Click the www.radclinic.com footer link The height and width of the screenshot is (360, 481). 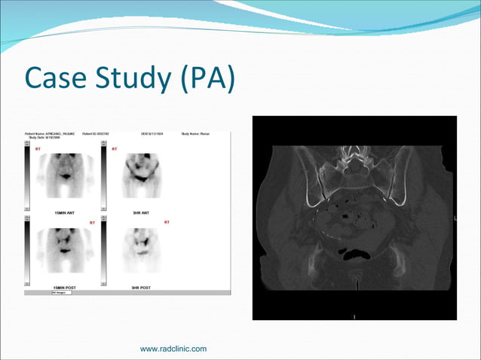173,348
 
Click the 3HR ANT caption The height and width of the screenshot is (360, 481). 141,213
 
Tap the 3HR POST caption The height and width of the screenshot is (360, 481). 141,288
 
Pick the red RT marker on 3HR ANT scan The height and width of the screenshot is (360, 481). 115,149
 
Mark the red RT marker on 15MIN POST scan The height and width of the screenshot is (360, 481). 92,222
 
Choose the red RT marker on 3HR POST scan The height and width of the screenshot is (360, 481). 167,222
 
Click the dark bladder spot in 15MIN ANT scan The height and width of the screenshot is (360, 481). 66,176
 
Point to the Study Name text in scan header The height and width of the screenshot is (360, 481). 195,134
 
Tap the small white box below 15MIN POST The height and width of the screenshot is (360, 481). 61,292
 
